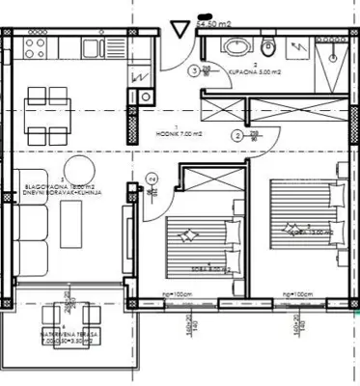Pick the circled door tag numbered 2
(238, 136)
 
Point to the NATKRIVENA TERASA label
(62, 335)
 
